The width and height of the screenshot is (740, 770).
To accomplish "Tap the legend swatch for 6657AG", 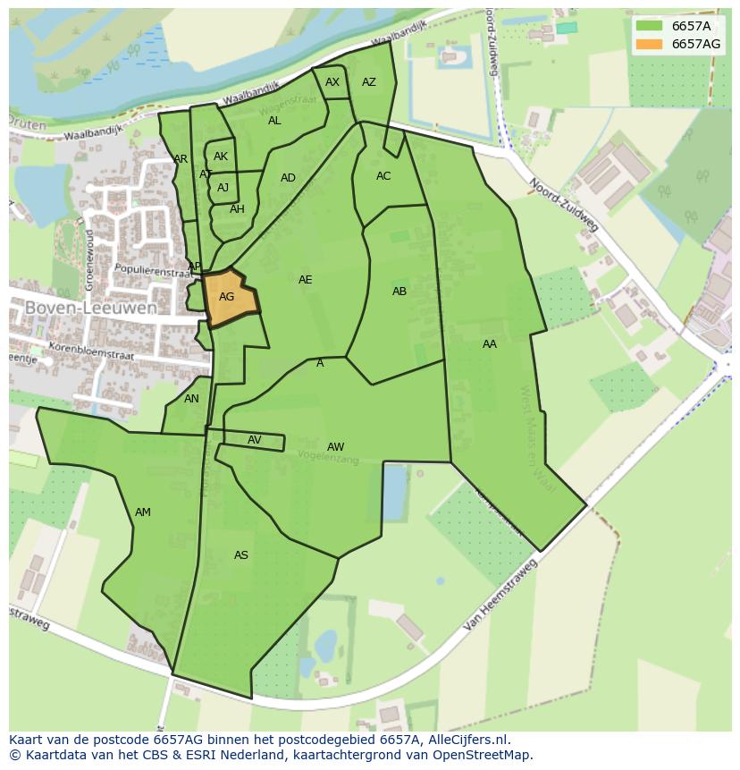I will (x=650, y=44).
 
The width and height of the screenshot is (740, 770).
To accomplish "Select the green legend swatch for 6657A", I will (x=650, y=26).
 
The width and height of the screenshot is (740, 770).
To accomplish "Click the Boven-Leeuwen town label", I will (x=91, y=308).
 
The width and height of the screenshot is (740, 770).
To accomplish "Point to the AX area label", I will (x=332, y=82).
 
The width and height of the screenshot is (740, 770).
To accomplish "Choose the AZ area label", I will (x=369, y=82).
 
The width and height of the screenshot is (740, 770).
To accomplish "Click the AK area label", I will (x=221, y=157).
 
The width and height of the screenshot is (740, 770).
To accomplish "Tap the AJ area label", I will (x=223, y=188).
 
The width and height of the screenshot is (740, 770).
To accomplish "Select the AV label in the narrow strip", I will (x=255, y=440).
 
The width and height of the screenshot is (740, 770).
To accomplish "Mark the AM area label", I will (x=143, y=512).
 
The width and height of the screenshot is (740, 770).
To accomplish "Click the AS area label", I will (x=241, y=555).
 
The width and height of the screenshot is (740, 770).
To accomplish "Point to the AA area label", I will (x=490, y=344).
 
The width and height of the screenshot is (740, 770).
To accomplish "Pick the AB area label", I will (x=399, y=292).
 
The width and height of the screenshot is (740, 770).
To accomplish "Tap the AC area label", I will (x=383, y=176).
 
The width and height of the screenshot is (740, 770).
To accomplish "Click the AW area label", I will (x=335, y=447).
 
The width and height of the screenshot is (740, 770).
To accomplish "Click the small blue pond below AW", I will (x=393, y=492).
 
